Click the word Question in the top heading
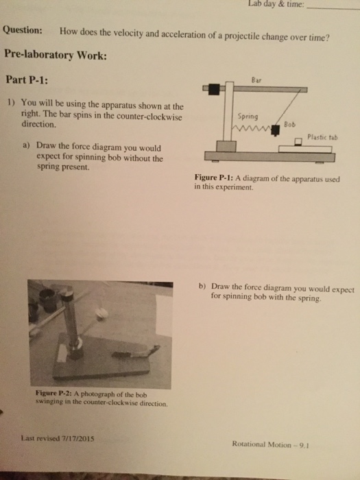(24, 32)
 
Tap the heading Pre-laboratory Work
(54, 54)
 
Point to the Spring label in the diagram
(247, 116)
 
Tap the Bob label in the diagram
(289, 124)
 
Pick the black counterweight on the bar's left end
(215, 88)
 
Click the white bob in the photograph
(101, 314)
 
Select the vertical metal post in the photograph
(69, 315)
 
